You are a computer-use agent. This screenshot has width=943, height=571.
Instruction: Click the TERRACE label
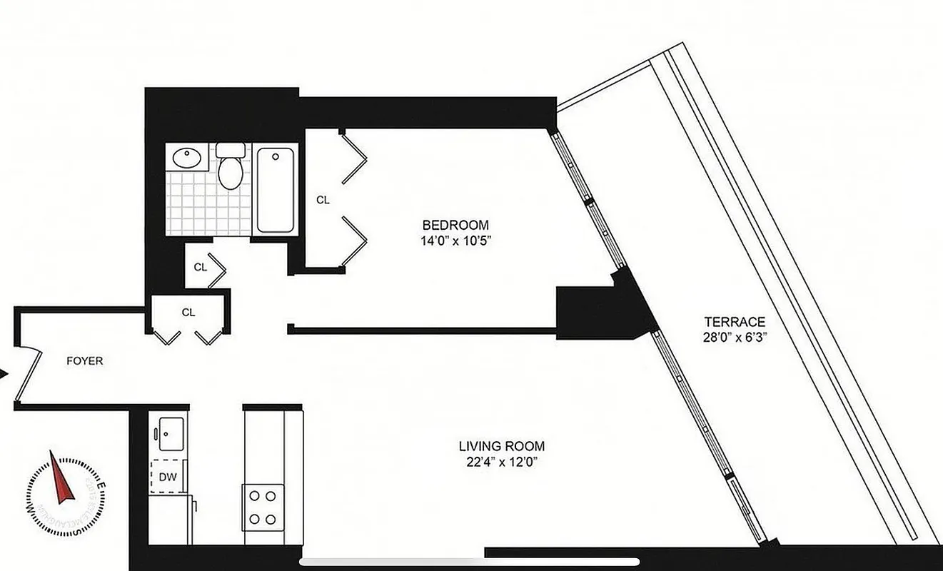click(x=735, y=322)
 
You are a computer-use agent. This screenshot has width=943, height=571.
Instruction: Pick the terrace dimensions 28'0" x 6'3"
click(x=735, y=336)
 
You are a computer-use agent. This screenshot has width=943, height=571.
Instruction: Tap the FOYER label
click(x=85, y=361)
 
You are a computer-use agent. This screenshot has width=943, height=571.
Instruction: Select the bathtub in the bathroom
click(x=275, y=189)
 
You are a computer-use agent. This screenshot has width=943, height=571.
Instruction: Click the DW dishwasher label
click(x=168, y=476)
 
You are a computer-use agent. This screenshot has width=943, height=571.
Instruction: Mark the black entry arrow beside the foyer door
click(x=4, y=374)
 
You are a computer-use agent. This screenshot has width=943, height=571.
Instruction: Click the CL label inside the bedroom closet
click(x=323, y=201)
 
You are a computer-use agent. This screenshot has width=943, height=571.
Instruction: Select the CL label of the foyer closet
click(x=188, y=312)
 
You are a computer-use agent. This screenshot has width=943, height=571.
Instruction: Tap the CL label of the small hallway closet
click(x=200, y=268)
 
